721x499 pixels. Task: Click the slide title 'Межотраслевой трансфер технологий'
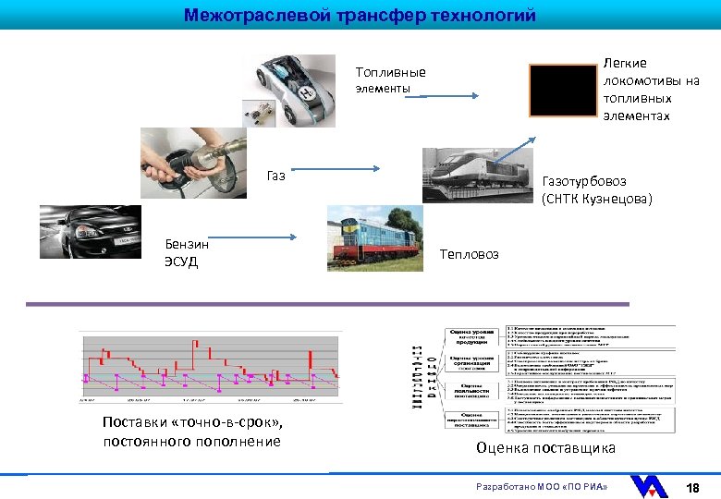point(360,15)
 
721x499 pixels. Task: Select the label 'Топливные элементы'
point(391,80)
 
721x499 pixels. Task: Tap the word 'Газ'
point(275,175)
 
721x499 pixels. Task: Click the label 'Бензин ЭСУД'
point(187,252)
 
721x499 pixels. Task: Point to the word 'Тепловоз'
point(469,253)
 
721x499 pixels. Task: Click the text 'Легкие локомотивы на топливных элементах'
point(650,89)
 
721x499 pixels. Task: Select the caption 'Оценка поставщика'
point(545,448)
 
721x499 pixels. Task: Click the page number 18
point(691,486)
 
